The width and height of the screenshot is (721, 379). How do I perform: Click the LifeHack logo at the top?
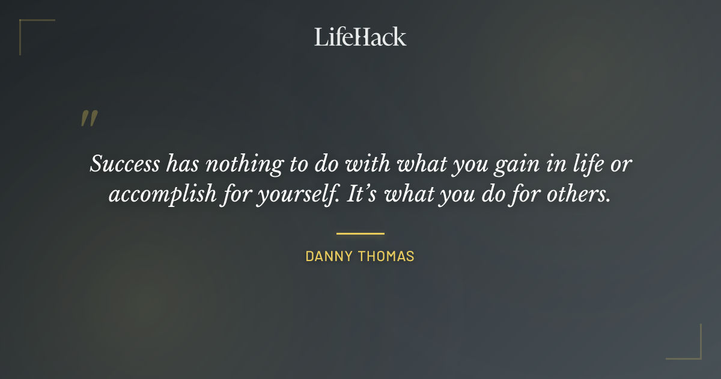[x=360, y=37]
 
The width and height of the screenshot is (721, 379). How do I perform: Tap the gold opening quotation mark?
[x=89, y=119]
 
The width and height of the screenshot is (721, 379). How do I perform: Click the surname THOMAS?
[x=387, y=256]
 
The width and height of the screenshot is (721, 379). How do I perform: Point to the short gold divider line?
[x=360, y=233]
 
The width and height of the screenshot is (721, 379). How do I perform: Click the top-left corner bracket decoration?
[x=24, y=25]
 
